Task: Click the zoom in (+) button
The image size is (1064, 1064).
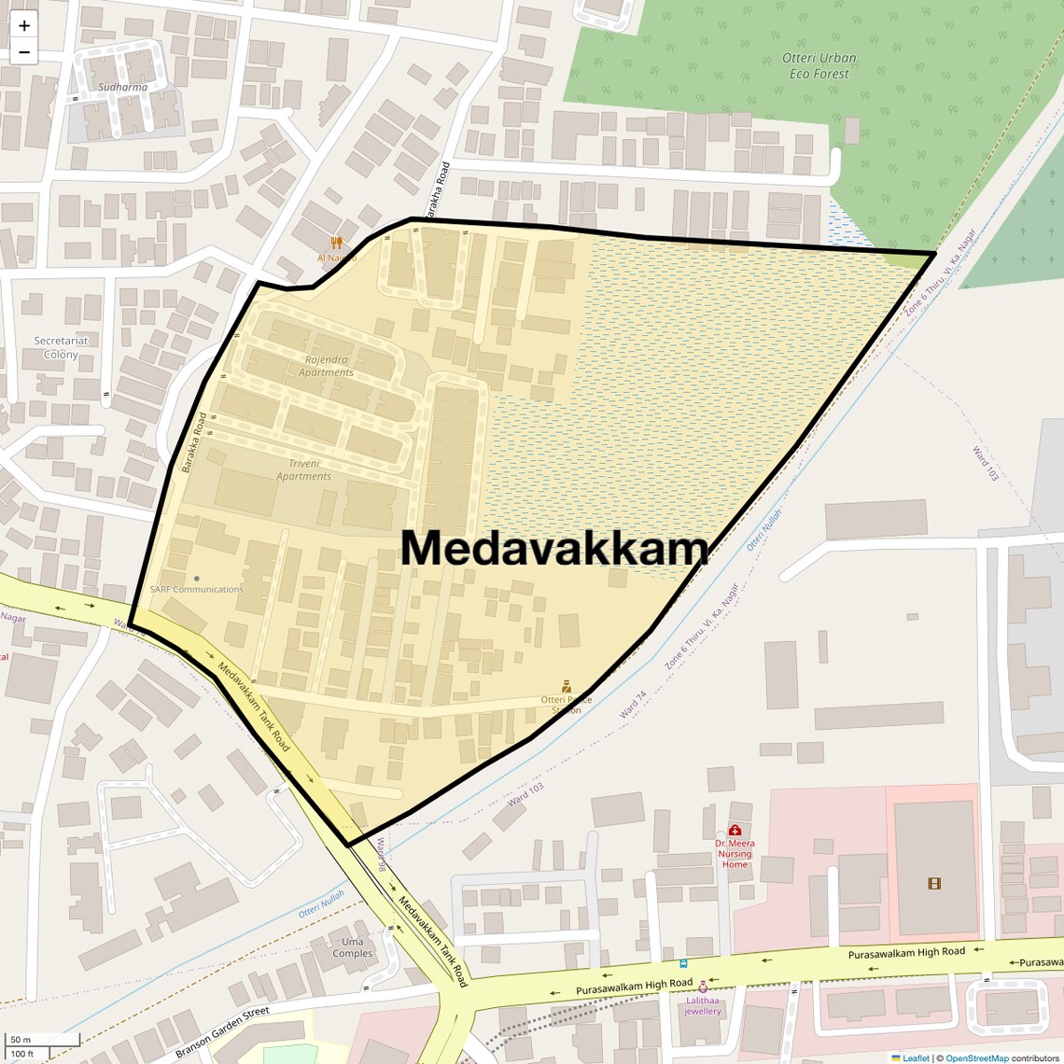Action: pyautogui.click(x=24, y=26)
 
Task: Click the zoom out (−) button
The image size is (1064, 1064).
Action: pyautogui.click(x=24, y=52)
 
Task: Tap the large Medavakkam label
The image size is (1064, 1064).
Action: pyautogui.click(x=554, y=548)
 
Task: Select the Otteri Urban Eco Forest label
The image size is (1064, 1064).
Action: pyautogui.click(x=819, y=65)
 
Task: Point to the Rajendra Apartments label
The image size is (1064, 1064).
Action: pyautogui.click(x=326, y=366)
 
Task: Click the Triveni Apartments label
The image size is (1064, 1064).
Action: pyautogui.click(x=303, y=469)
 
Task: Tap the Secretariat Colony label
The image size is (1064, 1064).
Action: pyautogui.click(x=61, y=347)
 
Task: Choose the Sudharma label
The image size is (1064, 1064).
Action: pyautogui.click(x=122, y=88)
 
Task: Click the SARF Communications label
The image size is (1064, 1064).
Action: pyautogui.click(x=196, y=589)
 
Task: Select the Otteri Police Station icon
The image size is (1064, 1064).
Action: pyautogui.click(x=567, y=687)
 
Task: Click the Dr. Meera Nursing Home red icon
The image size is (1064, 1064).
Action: pyautogui.click(x=735, y=830)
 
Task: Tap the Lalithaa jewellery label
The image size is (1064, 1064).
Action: pyautogui.click(x=703, y=1005)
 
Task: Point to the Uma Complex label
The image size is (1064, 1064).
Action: pyautogui.click(x=353, y=947)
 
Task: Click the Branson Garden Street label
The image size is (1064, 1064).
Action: pyautogui.click(x=222, y=1031)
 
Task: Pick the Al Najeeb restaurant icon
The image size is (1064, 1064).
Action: pyautogui.click(x=336, y=243)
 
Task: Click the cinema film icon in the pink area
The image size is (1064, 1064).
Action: pyautogui.click(x=934, y=883)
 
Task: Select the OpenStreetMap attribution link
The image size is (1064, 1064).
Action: pyautogui.click(x=976, y=1057)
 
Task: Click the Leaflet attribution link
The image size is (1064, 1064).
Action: pyautogui.click(x=916, y=1057)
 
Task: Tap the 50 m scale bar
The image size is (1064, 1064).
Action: pyautogui.click(x=42, y=1040)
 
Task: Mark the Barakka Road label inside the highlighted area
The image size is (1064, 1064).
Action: pyautogui.click(x=194, y=442)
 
